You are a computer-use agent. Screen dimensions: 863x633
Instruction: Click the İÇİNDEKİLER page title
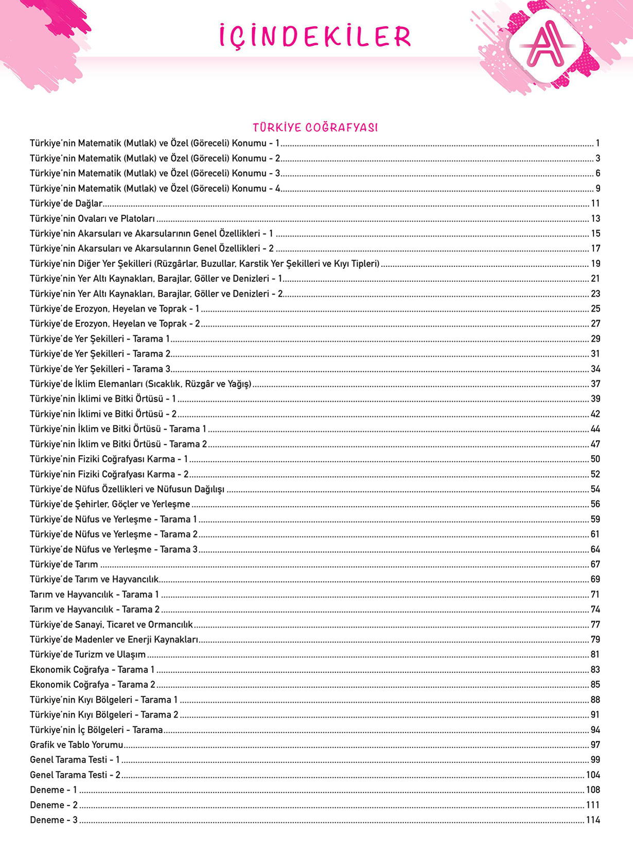(x=315, y=37)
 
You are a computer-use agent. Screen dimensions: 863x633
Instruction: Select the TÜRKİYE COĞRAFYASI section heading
(x=315, y=128)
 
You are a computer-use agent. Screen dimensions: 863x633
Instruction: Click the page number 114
(x=593, y=820)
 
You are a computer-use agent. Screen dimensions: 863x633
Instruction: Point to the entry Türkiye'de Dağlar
(x=66, y=204)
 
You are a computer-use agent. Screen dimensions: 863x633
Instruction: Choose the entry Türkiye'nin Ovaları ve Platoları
(x=92, y=219)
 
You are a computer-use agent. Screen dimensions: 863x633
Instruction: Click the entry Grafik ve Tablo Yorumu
(x=77, y=745)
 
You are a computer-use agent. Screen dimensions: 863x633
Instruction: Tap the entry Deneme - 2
(x=54, y=805)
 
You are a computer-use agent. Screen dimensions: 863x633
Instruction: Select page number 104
(x=593, y=775)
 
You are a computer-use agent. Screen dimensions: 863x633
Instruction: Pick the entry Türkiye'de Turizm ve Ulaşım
(x=87, y=655)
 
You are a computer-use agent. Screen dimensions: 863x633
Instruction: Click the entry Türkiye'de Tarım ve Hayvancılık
(x=94, y=580)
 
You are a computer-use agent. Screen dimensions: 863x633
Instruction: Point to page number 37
(x=595, y=384)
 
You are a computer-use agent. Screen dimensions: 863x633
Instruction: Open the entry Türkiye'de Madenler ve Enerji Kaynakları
(x=114, y=640)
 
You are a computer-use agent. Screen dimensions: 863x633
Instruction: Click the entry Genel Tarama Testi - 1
(x=75, y=760)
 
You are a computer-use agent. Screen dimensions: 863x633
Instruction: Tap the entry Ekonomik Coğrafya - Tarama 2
(x=92, y=685)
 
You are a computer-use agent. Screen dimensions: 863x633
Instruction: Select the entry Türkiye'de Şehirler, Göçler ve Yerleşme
(x=110, y=505)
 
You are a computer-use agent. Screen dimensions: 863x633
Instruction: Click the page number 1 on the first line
(x=597, y=143)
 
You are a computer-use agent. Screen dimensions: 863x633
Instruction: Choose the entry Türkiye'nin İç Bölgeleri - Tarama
(x=96, y=730)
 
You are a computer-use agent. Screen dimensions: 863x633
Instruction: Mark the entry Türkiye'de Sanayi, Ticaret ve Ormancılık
(x=111, y=625)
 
